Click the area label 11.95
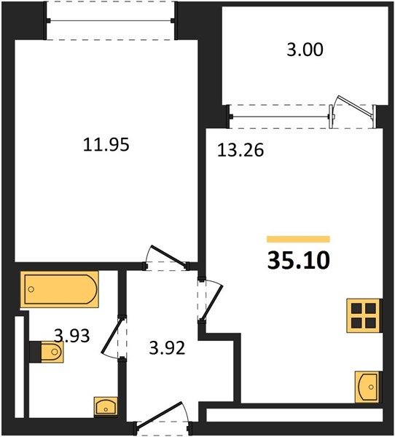click(106, 145)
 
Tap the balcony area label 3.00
click(305, 50)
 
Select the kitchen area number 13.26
click(240, 150)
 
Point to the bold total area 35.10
click(299, 261)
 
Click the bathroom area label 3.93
click(72, 335)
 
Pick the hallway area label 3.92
click(167, 348)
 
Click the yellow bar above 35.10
click(298, 239)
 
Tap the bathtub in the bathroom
click(60, 289)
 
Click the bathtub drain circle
click(31, 289)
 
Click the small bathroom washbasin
click(106, 407)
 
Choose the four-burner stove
click(364, 316)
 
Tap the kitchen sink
click(367, 387)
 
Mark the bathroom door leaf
click(113, 336)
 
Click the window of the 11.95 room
click(111, 20)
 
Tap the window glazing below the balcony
click(280, 117)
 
